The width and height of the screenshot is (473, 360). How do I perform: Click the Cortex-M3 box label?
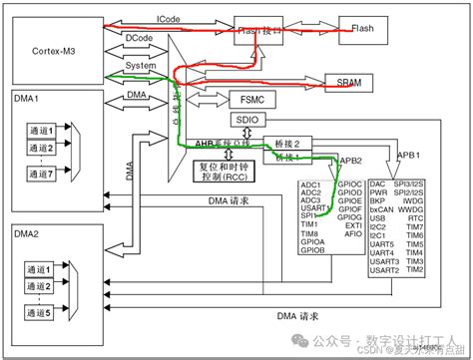tap(55, 49)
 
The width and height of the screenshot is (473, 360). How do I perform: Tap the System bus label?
tap(139, 66)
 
